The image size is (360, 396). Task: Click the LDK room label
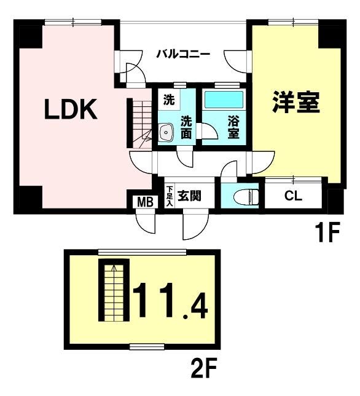click(71, 109)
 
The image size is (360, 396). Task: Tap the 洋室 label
click(296, 102)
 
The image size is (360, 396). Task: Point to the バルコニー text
click(183, 54)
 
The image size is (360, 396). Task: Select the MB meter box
click(146, 202)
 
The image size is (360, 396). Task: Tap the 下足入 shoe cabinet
click(170, 196)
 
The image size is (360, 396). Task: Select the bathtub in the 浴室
click(224, 99)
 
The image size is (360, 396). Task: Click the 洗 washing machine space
click(169, 100)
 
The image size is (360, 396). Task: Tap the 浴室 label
click(233, 127)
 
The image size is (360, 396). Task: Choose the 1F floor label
click(327, 232)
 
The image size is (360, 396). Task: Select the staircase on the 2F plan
click(114, 290)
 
